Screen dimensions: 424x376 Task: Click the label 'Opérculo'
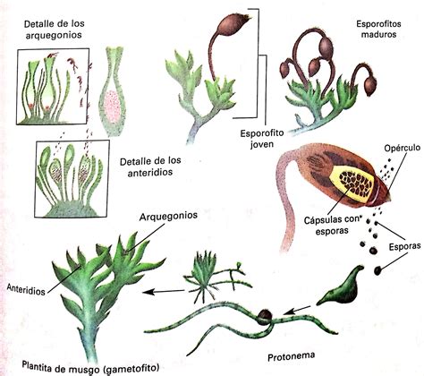pyautogui.click(x=403, y=149)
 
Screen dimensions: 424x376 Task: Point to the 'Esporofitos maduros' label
pyautogui.click(x=378, y=29)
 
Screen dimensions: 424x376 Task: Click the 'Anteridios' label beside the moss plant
pyautogui.click(x=26, y=289)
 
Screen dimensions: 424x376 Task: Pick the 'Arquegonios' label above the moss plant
pyautogui.click(x=168, y=216)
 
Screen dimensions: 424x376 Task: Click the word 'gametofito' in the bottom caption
pyautogui.click(x=131, y=369)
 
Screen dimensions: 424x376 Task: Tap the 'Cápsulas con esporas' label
pyautogui.click(x=332, y=225)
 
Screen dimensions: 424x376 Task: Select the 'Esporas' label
pyautogui.click(x=405, y=246)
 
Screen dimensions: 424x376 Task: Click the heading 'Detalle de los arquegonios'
pyautogui.click(x=54, y=30)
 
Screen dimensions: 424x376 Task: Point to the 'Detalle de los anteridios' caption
pyautogui.click(x=150, y=167)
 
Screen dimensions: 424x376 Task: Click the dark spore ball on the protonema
pyautogui.click(x=264, y=317)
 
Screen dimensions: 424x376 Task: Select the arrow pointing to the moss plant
pyautogui.click(x=164, y=291)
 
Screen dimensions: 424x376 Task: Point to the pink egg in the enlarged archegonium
pyautogui.click(x=112, y=106)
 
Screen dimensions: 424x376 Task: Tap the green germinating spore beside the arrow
pyautogui.click(x=342, y=286)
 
